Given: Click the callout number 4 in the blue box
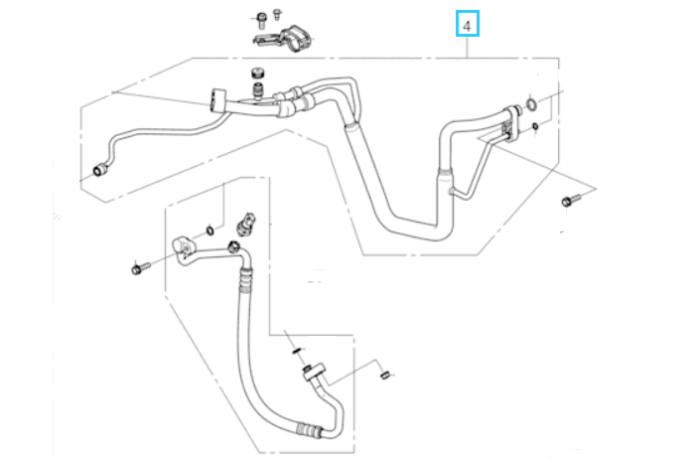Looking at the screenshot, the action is tap(467, 26).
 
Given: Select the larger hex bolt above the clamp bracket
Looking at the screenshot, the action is tap(261, 20).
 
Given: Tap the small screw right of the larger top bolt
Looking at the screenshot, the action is tap(277, 14).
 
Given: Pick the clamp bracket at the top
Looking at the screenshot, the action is tap(285, 39).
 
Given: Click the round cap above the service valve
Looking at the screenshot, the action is tap(258, 74).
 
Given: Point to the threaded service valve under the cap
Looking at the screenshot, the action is tap(258, 91).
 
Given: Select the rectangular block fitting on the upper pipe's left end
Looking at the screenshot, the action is tap(218, 99).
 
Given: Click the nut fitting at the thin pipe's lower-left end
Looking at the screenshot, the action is tap(99, 170).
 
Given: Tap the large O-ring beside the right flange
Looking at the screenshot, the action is tap(531, 104).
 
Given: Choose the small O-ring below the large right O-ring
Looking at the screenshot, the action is tap(535, 127).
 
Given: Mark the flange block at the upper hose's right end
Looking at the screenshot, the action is tap(510, 123).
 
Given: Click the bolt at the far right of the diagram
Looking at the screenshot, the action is tap(571, 200).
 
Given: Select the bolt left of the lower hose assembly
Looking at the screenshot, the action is tap(141, 268).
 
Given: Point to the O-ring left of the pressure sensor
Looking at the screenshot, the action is tap(210, 231).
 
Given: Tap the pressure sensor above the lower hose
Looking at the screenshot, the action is tap(246, 225).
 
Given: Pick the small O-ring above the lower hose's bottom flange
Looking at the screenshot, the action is tap(298, 351).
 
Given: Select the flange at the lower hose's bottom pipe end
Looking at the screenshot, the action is tap(314, 372).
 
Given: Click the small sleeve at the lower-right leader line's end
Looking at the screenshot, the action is tap(385, 375).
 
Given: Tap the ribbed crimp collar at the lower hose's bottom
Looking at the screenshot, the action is tap(309, 429).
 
